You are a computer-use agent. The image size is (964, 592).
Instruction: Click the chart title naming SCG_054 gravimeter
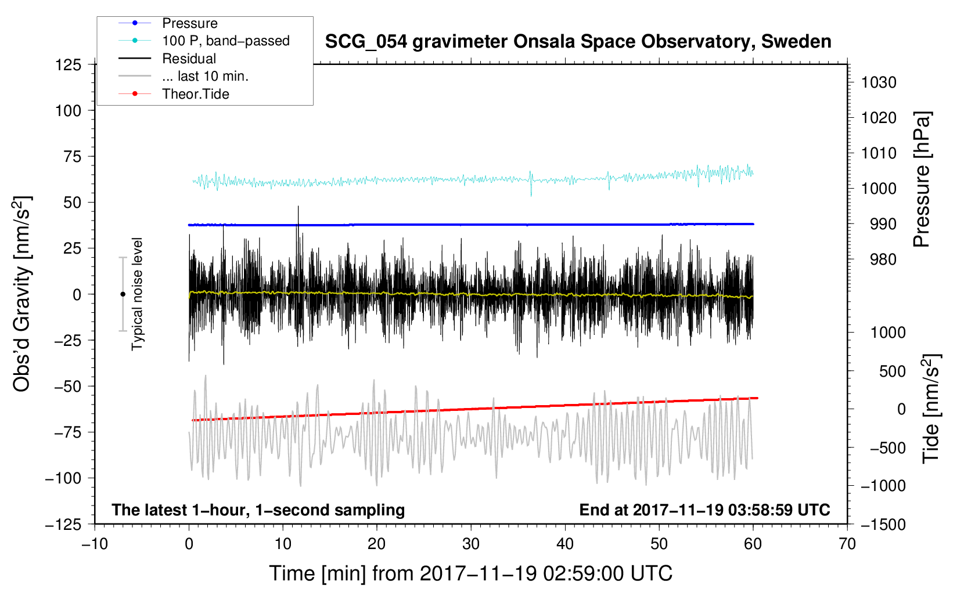click(x=578, y=42)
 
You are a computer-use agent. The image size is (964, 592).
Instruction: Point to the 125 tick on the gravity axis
click(x=69, y=65)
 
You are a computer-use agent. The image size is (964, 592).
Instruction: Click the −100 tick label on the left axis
click(x=63, y=478)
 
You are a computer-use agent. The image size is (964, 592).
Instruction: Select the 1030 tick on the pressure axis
click(x=879, y=82)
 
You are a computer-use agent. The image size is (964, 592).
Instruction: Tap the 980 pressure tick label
click(x=883, y=259)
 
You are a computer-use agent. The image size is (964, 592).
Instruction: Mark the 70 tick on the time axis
click(x=847, y=544)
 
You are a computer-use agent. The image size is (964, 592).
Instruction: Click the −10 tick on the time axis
click(x=95, y=544)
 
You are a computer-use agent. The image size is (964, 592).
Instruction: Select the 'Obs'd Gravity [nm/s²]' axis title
click(x=21, y=294)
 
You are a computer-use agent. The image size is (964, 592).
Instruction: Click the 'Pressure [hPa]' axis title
click(x=922, y=180)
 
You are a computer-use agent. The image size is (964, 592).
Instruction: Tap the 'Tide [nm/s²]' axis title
click(x=931, y=409)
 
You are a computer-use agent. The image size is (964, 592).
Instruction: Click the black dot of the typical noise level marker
click(x=123, y=294)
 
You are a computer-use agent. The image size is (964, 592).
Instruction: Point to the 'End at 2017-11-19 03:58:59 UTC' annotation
click(x=704, y=510)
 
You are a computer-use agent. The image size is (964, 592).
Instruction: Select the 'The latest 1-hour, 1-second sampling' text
click(x=258, y=510)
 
